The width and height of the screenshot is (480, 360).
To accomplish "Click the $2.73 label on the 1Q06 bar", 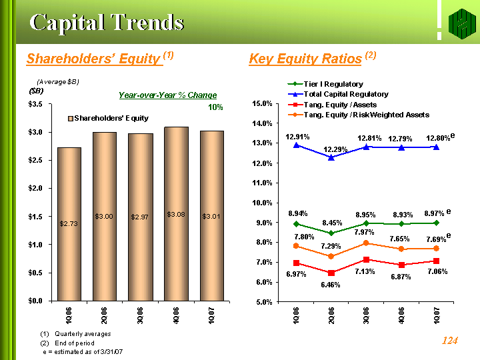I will pyautogui.click(x=69, y=224).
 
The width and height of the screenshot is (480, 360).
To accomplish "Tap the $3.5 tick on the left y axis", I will pyautogui.click(x=37, y=105).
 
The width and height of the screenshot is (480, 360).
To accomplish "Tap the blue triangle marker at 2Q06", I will pyautogui.click(x=331, y=157).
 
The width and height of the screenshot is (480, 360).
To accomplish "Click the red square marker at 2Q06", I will pyautogui.click(x=331, y=273).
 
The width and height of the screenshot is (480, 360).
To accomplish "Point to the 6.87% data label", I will pyautogui.click(x=400, y=276).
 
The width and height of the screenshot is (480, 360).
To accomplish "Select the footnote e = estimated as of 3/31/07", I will pyautogui.click(x=83, y=351).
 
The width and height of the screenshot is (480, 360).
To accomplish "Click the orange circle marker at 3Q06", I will pyautogui.click(x=366, y=243).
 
